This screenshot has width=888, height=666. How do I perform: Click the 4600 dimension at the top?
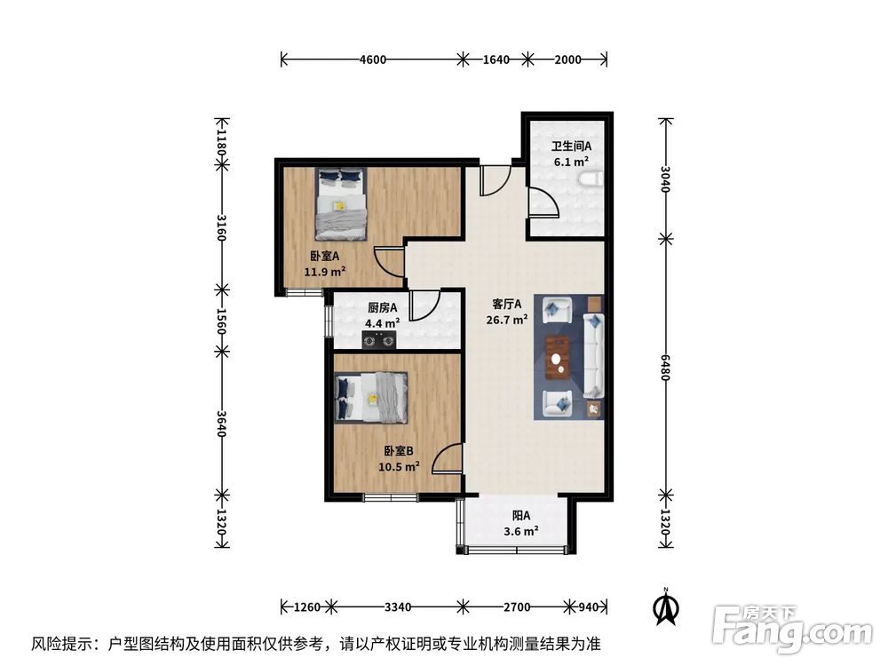click(373, 60)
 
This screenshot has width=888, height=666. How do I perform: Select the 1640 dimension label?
click(496, 60)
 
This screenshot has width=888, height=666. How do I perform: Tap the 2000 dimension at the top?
click(567, 60)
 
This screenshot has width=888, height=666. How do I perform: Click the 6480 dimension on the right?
click(665, 367)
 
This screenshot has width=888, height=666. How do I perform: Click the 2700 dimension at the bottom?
click(517, 607)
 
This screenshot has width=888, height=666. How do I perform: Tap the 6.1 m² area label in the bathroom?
click(570, 163)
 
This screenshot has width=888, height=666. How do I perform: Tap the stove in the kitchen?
click(380, 339)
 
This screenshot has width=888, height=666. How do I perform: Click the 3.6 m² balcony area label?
click(520, 532)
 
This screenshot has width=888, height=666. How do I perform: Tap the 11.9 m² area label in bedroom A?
click(324, 272)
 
